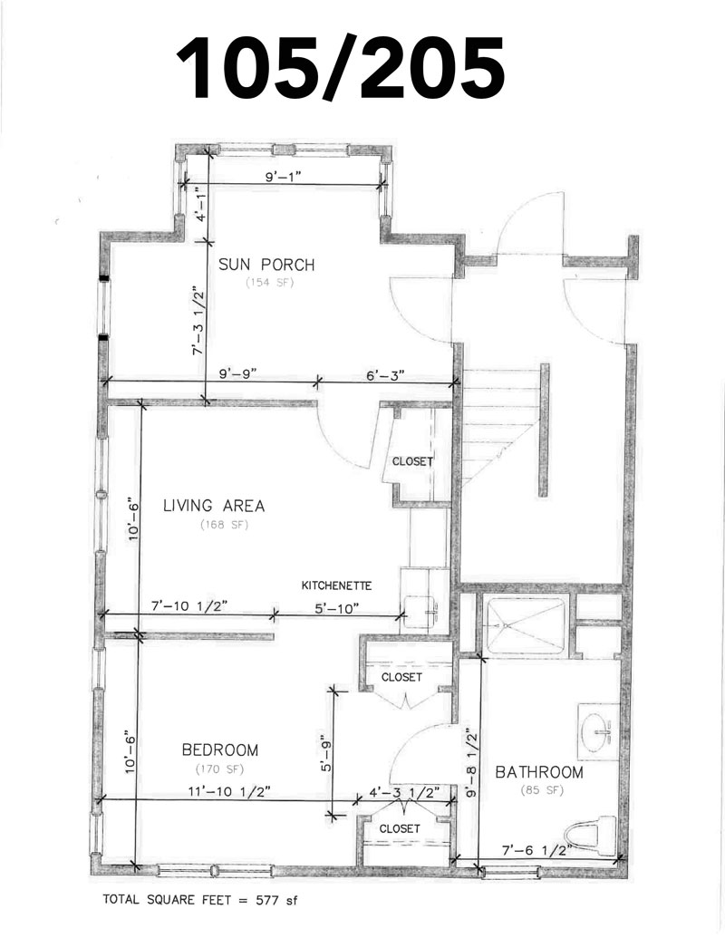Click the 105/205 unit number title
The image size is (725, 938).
point(341,68)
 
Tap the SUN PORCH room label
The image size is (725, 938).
point(266,265)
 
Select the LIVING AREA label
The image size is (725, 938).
point(214,506)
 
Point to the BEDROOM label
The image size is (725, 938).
point(220,749)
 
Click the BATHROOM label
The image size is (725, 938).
point(539,772)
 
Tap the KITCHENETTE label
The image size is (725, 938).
point(336,585)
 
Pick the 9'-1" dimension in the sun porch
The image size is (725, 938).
point(283,177)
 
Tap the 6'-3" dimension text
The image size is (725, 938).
point(385,375)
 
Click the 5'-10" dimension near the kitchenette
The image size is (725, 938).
point(337,608)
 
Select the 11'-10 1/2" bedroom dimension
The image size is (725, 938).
point(229,791)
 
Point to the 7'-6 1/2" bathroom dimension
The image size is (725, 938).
point(536,849)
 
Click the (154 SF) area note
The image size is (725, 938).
point(270,283)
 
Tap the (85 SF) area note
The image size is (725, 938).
point(542,790)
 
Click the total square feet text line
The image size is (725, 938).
point(199,900)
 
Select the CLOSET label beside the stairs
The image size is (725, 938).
point(412,462)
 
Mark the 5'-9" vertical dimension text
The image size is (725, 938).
point(326,754)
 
